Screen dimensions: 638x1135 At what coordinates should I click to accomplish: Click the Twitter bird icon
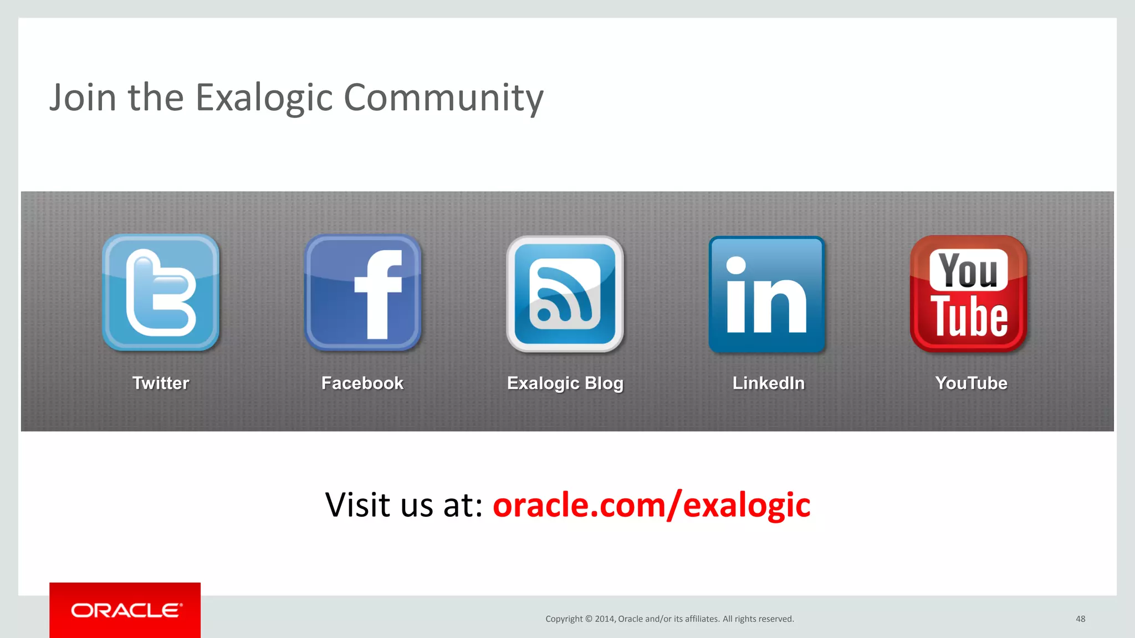pos(161,292)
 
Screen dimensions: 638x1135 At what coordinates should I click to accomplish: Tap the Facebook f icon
pos(363,293)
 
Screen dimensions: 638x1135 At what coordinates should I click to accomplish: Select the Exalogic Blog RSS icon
pos(565,294)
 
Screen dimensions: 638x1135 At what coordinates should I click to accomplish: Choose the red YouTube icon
pos(969,294)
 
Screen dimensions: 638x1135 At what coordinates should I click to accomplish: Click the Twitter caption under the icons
pos(161,383)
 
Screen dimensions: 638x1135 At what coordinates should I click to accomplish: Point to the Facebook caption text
pos(362,383)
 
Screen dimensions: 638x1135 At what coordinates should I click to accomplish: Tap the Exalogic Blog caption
pos(565,383)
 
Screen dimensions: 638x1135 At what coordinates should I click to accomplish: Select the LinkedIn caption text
pos(768,383)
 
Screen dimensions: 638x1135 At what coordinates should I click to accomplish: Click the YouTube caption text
pos(971,383)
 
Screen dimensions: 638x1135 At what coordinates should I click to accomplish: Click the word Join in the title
pos(83,97)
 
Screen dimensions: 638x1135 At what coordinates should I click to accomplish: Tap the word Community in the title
pos(443,97)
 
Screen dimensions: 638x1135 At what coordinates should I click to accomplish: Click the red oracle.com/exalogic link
pos(651,505)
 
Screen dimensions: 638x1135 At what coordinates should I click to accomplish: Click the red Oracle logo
pos(125,610)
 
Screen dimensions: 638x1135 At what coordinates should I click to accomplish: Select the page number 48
pos(1080,619)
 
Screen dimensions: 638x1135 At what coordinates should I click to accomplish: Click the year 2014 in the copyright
pos(605,619)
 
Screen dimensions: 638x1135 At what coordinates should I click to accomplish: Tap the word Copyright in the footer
pos(564,619)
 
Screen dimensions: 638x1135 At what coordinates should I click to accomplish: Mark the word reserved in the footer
pos(775,619)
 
